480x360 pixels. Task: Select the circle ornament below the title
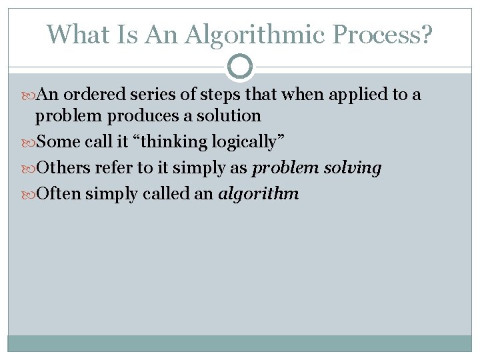240,66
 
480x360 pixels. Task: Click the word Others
62,168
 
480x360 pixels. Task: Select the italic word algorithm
259,194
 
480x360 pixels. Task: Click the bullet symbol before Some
29,142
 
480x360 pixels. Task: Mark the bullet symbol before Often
29,194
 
